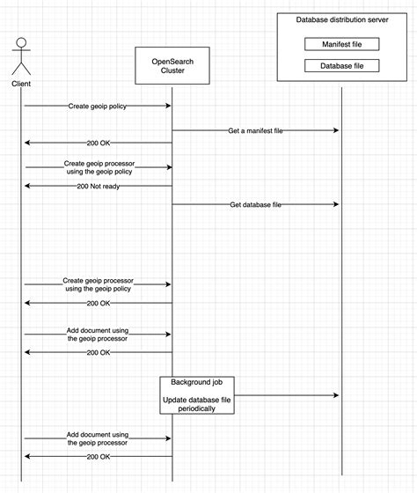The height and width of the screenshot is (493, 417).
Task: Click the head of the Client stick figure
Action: pyautogui.click(x=21, y=41)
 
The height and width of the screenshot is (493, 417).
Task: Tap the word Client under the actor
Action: pyautogui.click(x=21, y=84)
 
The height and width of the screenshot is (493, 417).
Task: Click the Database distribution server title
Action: pyautogui.click(x=341, y=19)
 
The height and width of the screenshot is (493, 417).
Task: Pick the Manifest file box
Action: pyautogui.click(x=341, y=43)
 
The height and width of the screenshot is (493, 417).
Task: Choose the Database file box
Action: pyautogui.click(x=341, y=66)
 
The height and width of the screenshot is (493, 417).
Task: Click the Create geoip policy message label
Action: pyautogui.click(x=97, y=106)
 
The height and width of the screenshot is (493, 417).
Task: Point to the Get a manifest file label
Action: pyautogui.click(x=255, y=130)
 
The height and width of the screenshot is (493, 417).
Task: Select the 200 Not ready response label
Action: pyautogui.click(x=98, y=187)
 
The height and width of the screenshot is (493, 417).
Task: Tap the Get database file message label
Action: pyautogui.click(x=255, y=204)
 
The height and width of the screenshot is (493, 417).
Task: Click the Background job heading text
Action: pyautogui.click(x=197, y=384)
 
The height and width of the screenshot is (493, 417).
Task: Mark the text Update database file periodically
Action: pyautogui.click(x=197, y=404)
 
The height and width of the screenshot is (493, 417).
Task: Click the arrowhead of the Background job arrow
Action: pyautogui.click(x=336, y=396)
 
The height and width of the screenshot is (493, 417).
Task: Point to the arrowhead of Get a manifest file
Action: pyautogui.click(x=336, y=130)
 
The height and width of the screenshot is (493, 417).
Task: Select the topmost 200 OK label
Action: pyautogui.click(x=98, y=143)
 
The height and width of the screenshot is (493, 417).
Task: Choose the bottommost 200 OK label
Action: pyautogui.click(x=98, y=457)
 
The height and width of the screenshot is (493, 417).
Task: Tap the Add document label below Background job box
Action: pyautogui.click(x=98, y=438)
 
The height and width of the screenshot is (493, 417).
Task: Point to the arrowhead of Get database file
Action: pyautogui.click(x=336, y=204)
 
